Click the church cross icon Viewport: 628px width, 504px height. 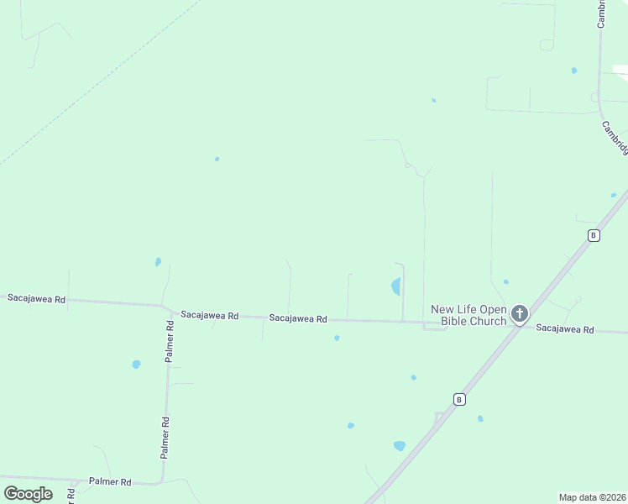[520, 315]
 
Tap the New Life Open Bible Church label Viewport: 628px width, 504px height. [469, 315]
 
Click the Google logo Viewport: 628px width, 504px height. [28, 494]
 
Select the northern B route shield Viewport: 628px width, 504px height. [594, 235]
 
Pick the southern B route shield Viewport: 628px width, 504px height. [459, 399]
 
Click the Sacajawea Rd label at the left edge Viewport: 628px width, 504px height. [36, 298]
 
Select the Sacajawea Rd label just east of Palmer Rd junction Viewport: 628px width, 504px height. [210, 316]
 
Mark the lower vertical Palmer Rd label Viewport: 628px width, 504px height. [165, 438]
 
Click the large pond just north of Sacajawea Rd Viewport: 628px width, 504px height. [395, 286]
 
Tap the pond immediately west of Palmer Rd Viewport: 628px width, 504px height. [136, 365]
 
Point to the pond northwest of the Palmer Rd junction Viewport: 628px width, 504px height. [158, 262]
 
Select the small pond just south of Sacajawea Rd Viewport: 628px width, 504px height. [337, 339]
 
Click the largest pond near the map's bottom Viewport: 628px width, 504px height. [399, 446]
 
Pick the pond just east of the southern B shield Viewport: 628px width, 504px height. [480, 418]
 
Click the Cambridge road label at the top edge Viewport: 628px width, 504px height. [602, 14]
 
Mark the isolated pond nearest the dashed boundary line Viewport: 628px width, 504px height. [217, 159]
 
